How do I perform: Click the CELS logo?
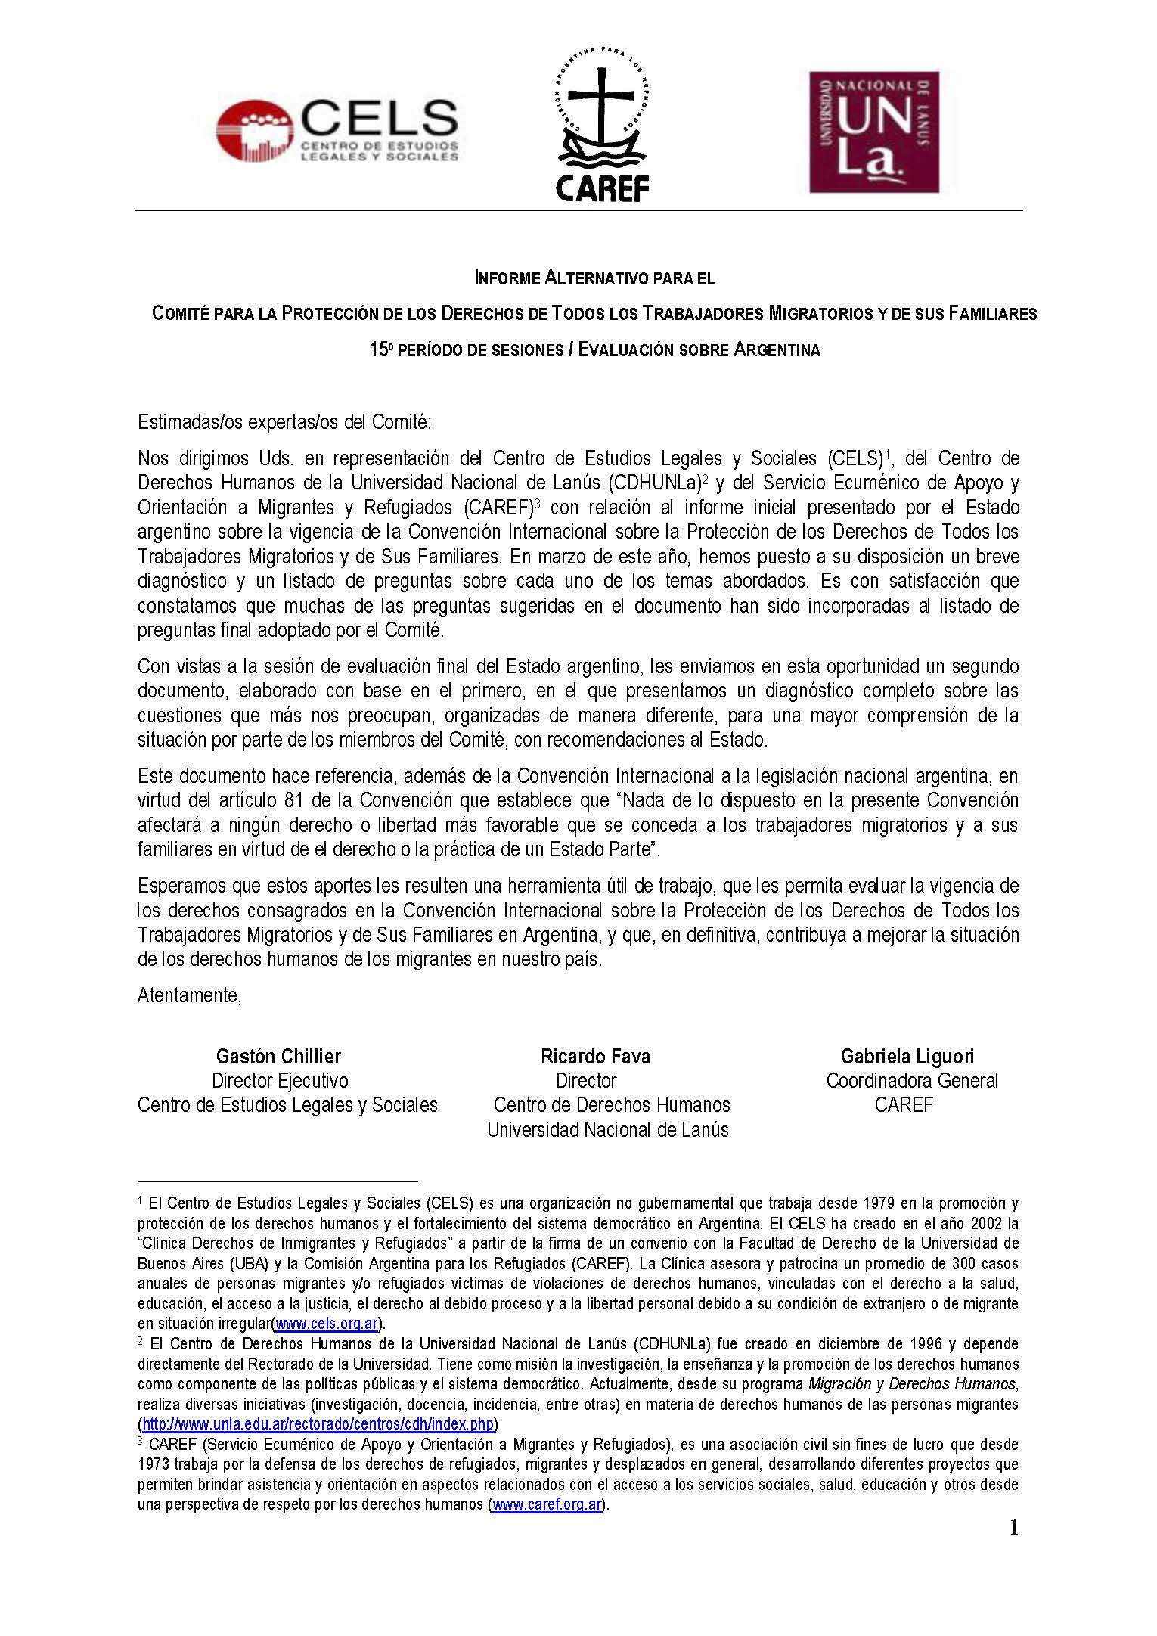337,130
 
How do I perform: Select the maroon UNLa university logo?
873,132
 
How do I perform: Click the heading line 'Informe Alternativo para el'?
594,278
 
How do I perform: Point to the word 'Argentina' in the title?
777,350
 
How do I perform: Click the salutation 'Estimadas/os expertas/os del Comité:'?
284,422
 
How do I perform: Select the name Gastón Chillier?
278,1057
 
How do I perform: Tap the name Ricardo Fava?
595,1057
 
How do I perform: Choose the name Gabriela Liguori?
907,1057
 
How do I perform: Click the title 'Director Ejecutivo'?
280,1081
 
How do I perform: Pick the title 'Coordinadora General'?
912,1081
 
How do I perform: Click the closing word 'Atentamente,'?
189,995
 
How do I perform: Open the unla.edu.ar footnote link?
318,1424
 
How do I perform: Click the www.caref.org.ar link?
547,1504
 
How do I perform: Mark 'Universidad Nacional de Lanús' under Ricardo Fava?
608,1130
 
